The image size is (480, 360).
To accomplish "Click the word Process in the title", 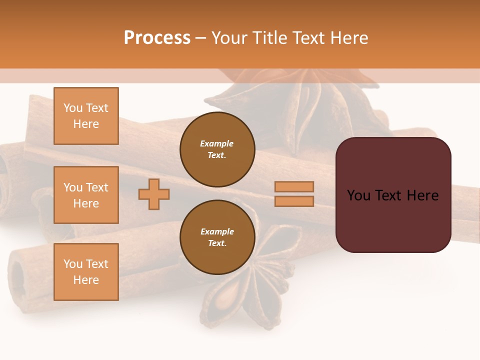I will click(x=157, y=38).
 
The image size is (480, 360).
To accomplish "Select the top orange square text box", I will click(x=86, y=116).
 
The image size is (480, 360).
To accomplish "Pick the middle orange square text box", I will click(x=86, y=195).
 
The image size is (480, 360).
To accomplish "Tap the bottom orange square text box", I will click(x=86, y=271).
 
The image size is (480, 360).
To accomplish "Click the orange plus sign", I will click(x=154, y=194).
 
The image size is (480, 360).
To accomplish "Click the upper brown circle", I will click(x=217, y=149).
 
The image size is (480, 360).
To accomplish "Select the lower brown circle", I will click(x=217, y=237).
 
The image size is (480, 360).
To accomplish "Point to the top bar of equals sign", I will click(x=294, y=186).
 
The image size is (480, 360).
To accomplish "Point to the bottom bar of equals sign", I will click(x=294, y=201).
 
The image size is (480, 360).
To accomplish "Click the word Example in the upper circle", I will click(x=217, y=143).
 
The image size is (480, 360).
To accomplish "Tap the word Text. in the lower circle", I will click(x=217, y=243).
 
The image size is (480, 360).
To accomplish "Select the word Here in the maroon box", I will click(x=422, y=195).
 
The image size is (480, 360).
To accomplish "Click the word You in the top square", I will click(x=73, y=108).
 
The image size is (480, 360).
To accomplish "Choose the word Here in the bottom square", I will click(x=86, y=280).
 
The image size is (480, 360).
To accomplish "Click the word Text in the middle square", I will click(x=97, y=187).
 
